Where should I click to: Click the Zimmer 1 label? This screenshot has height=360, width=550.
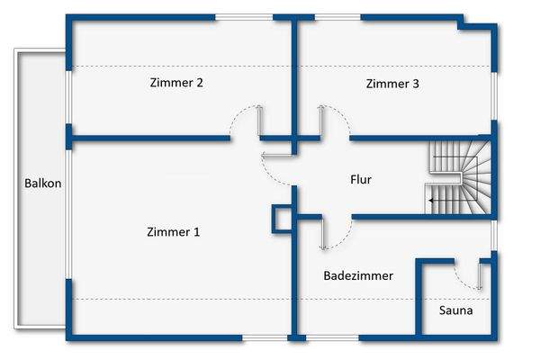[x=173, y=232]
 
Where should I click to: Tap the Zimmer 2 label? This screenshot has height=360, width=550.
[x=176, y=83]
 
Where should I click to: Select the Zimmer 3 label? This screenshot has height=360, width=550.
[x=392, y=84]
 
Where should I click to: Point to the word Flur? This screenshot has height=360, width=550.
[x=360, y=180]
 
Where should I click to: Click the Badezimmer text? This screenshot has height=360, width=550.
[x=358, y=276]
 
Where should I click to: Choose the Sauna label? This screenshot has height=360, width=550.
[x=455, y=310]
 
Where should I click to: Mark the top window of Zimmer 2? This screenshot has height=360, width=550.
[x=244, y=16]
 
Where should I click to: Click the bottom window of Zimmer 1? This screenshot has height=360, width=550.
[x=263, y=337]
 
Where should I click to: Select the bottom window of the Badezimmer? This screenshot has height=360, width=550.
[x=332, y=337]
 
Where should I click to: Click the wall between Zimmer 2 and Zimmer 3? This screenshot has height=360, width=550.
[x=293, y=76]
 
